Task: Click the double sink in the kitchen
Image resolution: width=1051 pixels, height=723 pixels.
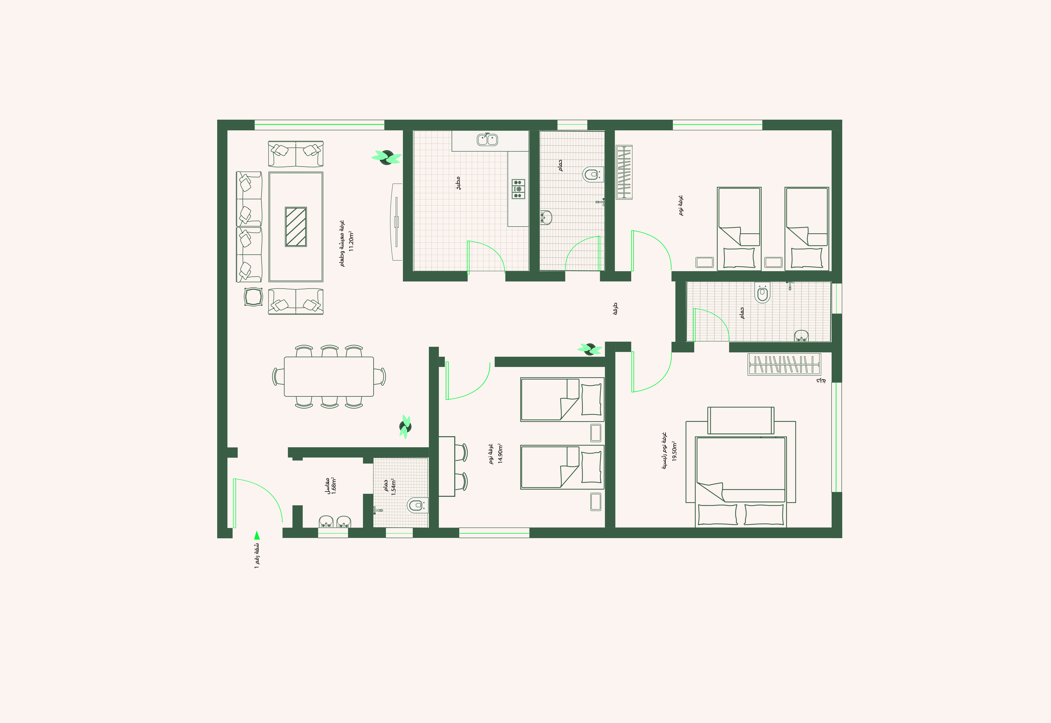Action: tap(487, 140)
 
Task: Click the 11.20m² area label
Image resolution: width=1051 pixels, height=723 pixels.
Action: tap(351, 242)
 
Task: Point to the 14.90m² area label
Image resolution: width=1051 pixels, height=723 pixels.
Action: tap(500, 453)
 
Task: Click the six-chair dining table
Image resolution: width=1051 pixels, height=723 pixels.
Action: tap(329, 376)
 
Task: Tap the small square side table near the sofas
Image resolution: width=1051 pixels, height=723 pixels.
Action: tap(253, 297)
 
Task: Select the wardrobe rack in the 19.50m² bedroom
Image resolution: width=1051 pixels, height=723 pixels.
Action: tap(784, 364)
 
